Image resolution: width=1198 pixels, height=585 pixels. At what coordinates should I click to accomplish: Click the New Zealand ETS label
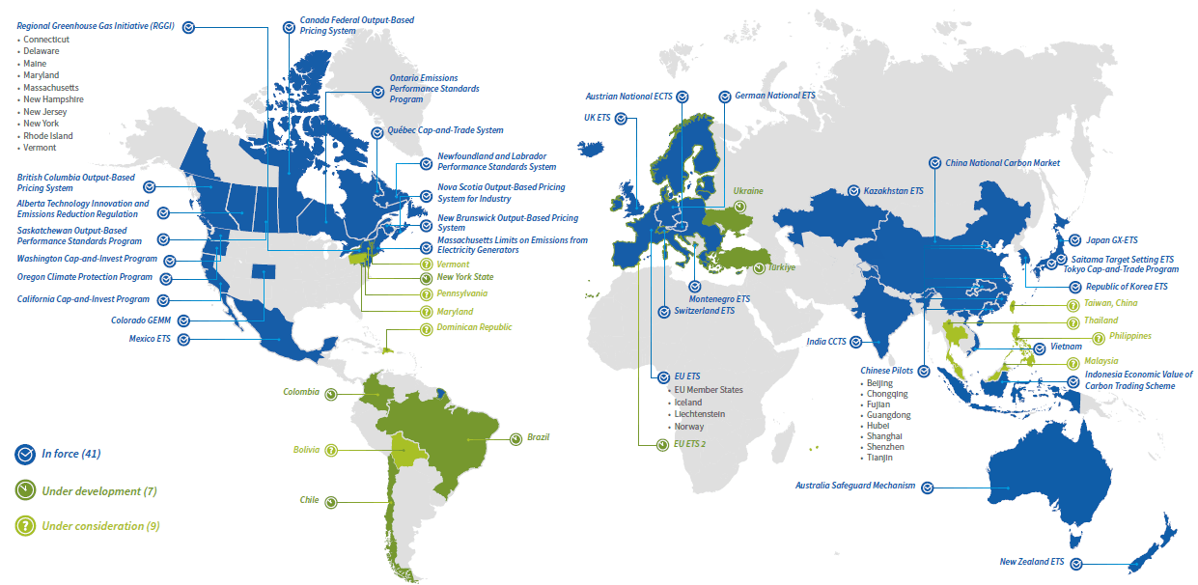(x=1032, y=561)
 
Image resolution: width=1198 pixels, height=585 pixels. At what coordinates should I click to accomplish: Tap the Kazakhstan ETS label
(x=893, y=191)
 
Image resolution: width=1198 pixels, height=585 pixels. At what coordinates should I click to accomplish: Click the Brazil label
(x=538, y=437)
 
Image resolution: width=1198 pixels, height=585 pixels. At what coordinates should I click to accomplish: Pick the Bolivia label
(x=307, y=450)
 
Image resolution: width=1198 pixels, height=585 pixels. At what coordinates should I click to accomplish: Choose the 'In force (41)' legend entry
(x=70, y=454)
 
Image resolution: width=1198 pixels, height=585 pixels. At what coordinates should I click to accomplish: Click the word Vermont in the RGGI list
(x=40, y=148)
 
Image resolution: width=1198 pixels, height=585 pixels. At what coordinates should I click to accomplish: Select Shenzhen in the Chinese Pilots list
(x=885, y=447)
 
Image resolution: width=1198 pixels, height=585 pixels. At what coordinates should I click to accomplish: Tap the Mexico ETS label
(x=151, y=339)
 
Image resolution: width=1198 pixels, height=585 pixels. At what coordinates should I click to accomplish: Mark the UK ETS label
(x=597, y=118)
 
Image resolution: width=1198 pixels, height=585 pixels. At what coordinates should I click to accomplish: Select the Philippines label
(x=1123, y=336)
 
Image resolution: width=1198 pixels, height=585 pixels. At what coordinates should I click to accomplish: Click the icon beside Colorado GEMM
(x=183, y=320)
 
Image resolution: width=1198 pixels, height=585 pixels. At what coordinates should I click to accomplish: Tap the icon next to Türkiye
(x=759, y=267)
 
